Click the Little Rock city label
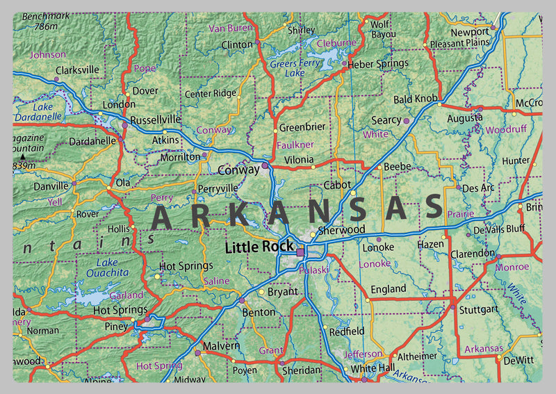pos(259,247)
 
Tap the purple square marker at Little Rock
pos(300,253)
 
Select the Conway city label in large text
pos(238,170)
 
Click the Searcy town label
pos(386,120)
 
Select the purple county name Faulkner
pos(295,145)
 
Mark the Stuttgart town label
pos(480,309)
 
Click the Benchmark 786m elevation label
pos(47,21)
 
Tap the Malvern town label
pos(221,345)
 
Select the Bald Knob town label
pos(416,99)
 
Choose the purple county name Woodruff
pos(506,130)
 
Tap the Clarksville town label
pos(77,70)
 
